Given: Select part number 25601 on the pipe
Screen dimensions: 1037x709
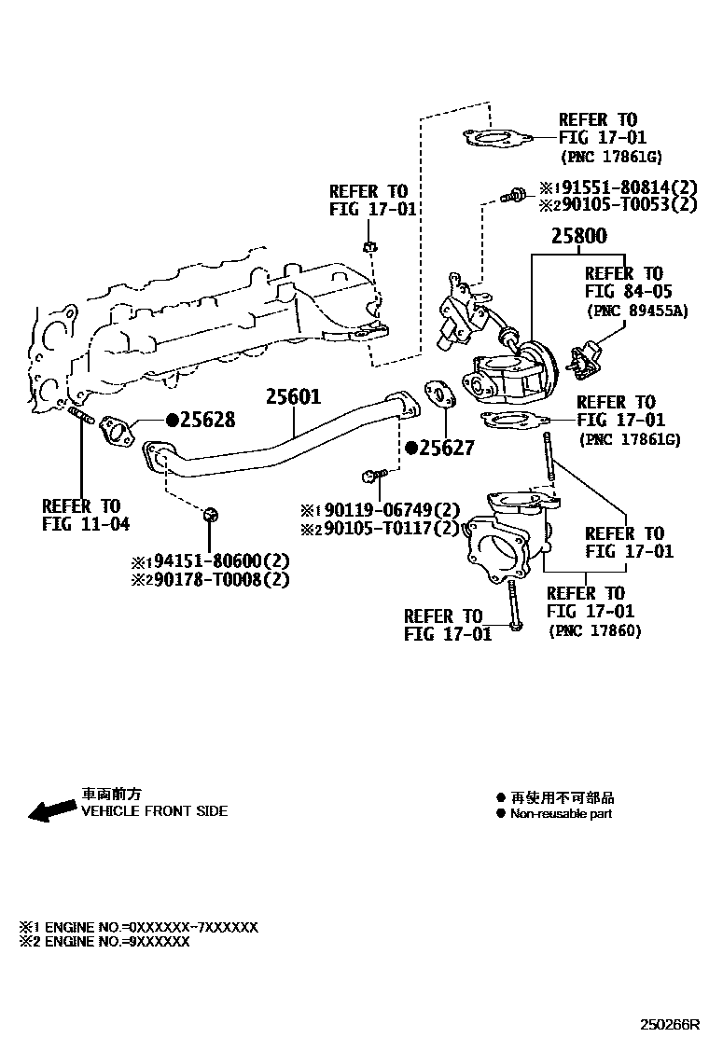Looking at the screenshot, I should click(x=293, y=397).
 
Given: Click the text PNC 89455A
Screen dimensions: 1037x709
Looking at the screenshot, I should click(x=636, y=311).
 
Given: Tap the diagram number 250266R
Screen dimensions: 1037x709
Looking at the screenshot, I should click(x=669, y=1024).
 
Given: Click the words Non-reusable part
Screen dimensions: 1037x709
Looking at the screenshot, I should click(x=561, y=814).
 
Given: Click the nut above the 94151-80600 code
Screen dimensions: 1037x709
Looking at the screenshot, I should click(x=210, y=514).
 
